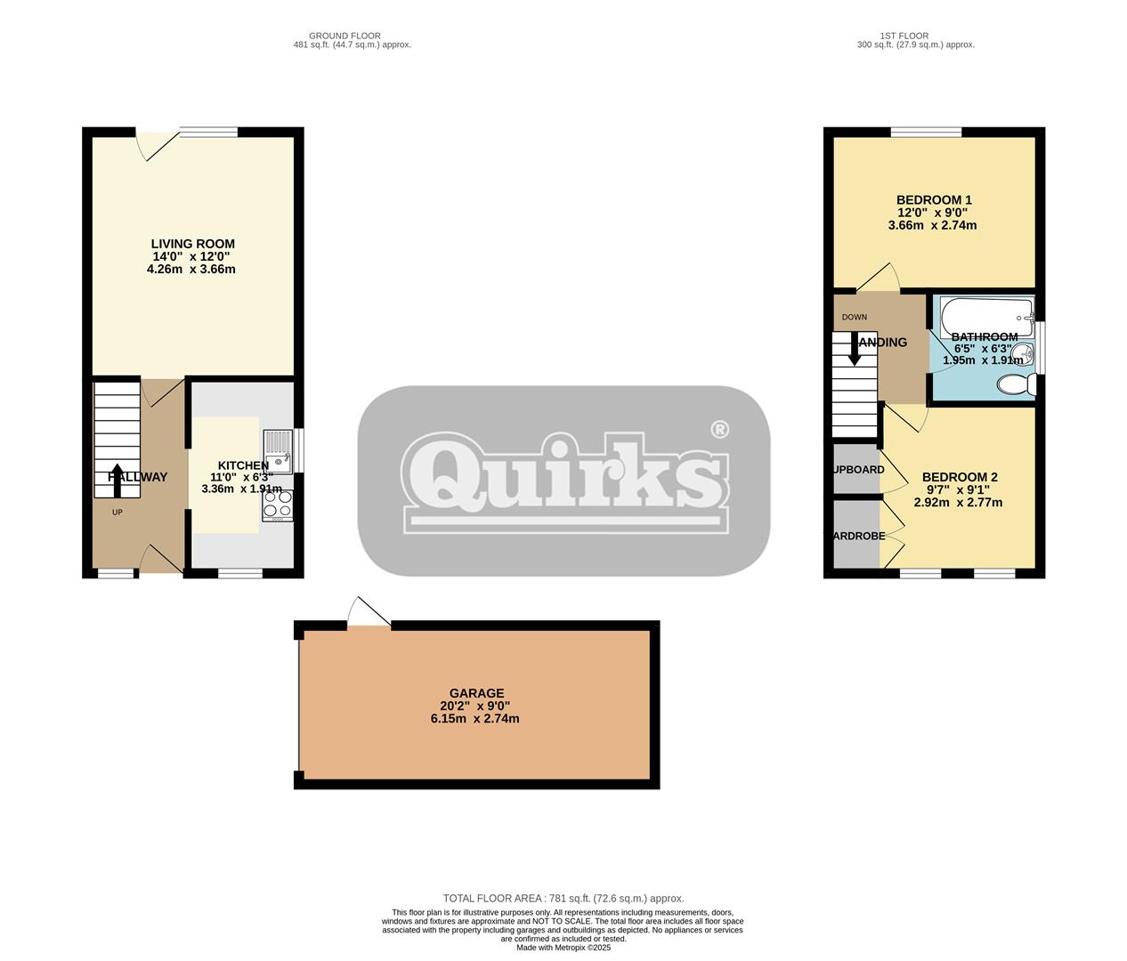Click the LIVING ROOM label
point(192,244)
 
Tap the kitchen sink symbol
point(278,450)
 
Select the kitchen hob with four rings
point(277,505)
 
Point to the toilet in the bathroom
point(1016,385)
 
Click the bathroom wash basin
point(1026,356)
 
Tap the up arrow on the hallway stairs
point(117,480)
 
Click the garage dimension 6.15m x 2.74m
point(474,718)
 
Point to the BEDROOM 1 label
point(933,200)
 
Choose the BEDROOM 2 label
point(959,477)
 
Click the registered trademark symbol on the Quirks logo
point(719,430)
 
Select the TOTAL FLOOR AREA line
point(563,899)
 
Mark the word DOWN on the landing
point(854,317)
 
